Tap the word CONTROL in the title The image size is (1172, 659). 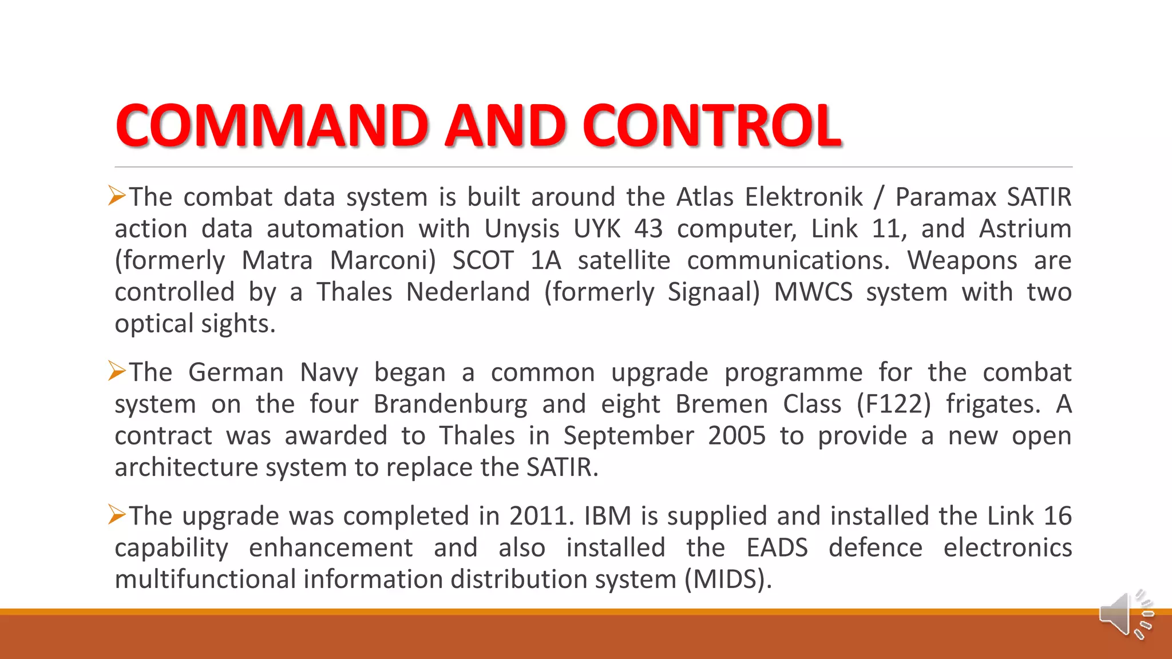[712, 125]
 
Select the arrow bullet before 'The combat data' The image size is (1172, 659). [117, 196]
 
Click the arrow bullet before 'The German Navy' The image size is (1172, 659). [117, 372]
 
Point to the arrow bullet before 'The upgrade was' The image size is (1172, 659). [117, 515]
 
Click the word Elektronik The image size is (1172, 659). [803, 197]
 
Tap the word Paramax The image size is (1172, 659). [945, 197]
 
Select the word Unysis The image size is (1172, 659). [521, 229]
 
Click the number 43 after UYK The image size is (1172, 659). [648, 229]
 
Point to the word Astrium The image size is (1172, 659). [1025, 229]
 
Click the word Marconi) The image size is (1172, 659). [383, 261]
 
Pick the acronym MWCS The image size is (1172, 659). [813, 292]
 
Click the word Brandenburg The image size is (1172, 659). [450, 404]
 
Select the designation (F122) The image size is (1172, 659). [893, 404]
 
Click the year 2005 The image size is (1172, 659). [737, 436]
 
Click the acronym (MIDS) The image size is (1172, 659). [728, 579]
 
